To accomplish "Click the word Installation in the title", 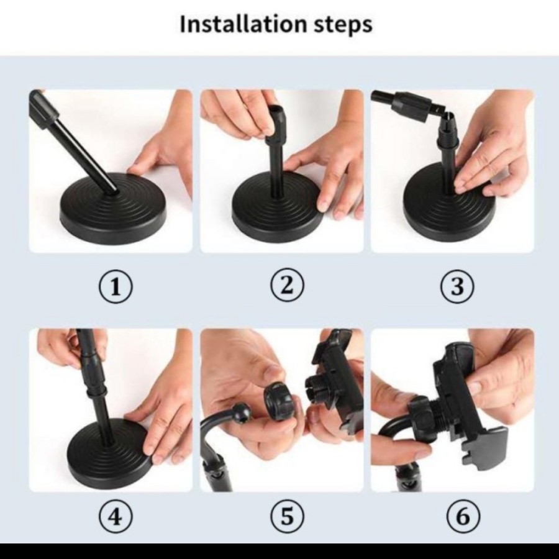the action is pos(243,24).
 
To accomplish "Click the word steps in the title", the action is pos(343,25).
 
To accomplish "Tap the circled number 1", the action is pos(115,287).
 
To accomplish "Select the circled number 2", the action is pos(287,285).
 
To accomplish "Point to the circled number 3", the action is pos(457,286).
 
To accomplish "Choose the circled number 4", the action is pos(115,516).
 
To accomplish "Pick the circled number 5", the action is pos(287,516).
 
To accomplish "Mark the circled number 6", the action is pos(463,516).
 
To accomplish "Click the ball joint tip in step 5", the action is pos(242,413).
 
